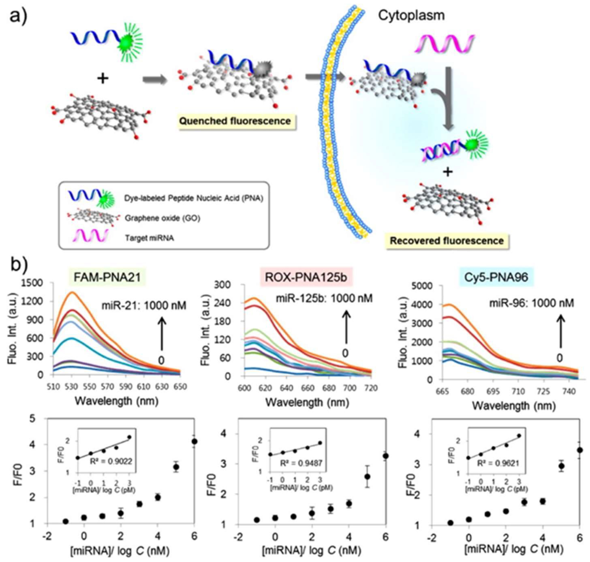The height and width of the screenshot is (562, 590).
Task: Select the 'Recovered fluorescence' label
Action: [x=447, y=241]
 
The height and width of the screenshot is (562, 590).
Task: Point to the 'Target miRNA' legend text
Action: [x=149, y=238]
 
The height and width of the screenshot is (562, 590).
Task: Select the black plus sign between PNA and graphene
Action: [x=103, y=79]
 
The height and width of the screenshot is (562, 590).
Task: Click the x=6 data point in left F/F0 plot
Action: [x=195, y=441]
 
